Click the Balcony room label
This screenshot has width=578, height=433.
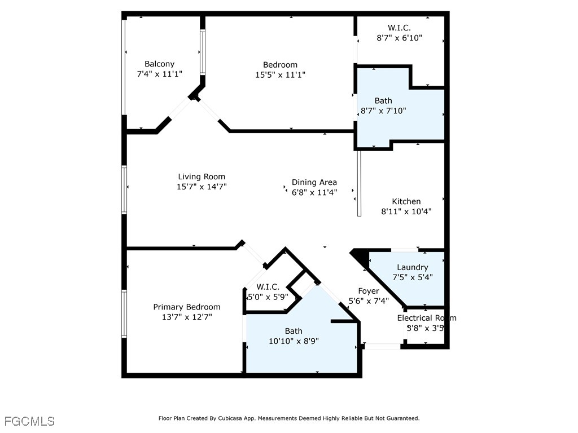159,64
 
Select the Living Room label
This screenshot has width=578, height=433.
202,176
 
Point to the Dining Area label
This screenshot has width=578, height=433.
314,182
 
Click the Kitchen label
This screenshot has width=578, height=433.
406,201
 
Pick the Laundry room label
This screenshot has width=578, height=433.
412,267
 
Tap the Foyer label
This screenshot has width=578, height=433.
368,291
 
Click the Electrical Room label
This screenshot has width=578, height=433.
426,318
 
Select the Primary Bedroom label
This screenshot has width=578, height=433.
187,307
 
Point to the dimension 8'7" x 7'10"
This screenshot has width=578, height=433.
383,111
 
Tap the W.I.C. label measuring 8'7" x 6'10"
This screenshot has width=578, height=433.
399,28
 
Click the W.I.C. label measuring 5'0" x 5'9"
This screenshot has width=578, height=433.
268,287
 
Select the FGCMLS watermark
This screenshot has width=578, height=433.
29,421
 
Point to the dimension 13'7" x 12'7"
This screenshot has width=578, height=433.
187,317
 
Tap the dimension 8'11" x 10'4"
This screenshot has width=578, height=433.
406,212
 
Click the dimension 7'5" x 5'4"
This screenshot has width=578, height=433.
412,277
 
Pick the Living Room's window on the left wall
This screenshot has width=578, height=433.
124,189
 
